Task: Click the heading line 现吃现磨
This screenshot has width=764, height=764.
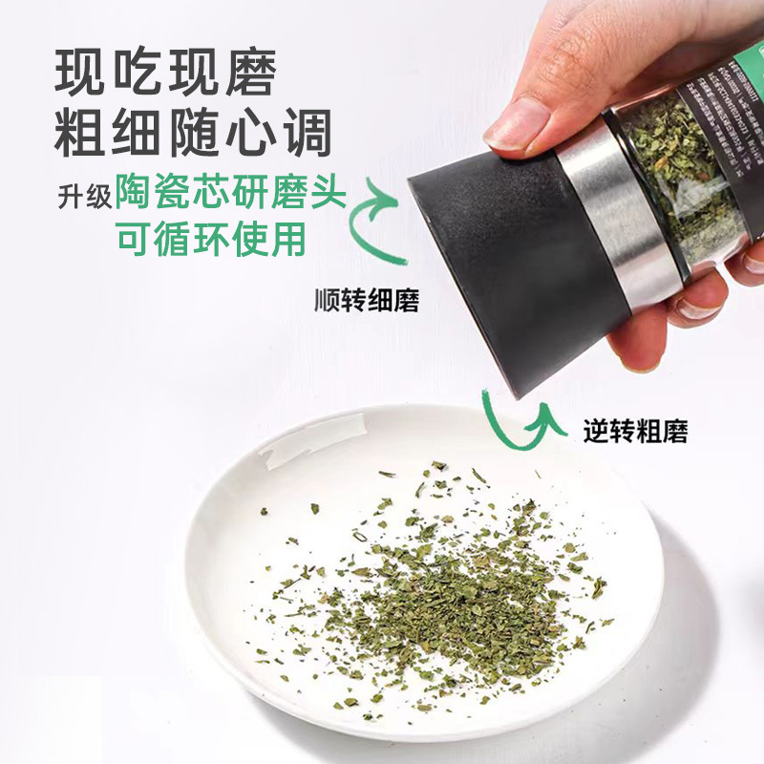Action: pyautogui.click(x=166, y=73)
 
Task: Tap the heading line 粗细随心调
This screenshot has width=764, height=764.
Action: pyautogui.click(x=194, y=134)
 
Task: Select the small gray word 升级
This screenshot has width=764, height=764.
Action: pyautogui.click(x=82, y=195)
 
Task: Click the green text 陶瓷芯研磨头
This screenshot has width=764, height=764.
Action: pyautogui.click(x=229, y=193)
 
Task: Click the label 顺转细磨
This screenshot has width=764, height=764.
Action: pyautogui.click(x=367, y=302)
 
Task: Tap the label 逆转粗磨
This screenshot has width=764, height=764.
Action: pyautogui.click(x=635, y=431)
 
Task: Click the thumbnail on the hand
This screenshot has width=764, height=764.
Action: pyautogui.click(x=517, y=124)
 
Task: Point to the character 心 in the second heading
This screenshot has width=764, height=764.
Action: pyautogui.click(x=250, y=134)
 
